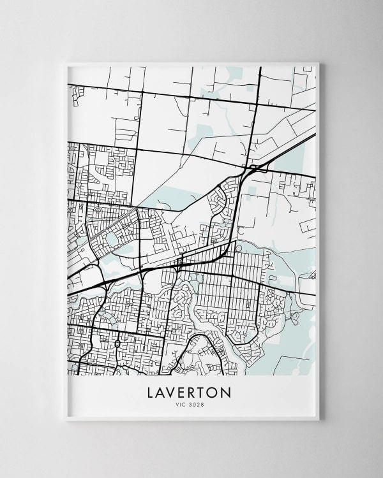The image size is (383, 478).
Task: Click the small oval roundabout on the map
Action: coord(117,344)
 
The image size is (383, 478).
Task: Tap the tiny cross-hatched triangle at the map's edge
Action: coord(313,276)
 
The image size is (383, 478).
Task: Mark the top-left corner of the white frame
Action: coord(66,62)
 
